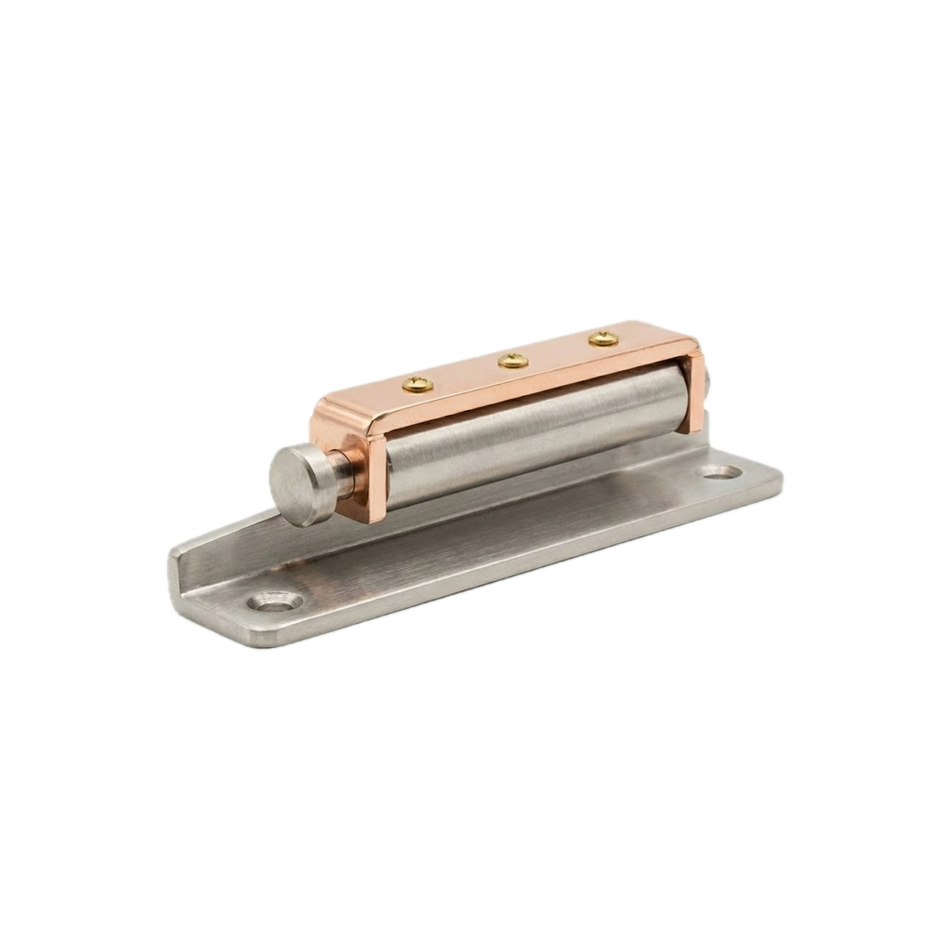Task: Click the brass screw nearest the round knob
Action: click(x=417, y=382)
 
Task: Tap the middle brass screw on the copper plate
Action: click(x=512, y=360)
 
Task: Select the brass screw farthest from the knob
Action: click(x=603, y=338)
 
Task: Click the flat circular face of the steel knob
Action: click(x=294, y=484)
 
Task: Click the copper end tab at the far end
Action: click(x=692, y=391)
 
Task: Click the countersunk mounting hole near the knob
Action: click(x=275, y=602)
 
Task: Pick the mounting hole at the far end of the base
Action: click(x=722, y=472)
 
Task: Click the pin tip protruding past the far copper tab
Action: click(x=709, y=380)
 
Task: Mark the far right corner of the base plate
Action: click(x=777, y=480)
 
